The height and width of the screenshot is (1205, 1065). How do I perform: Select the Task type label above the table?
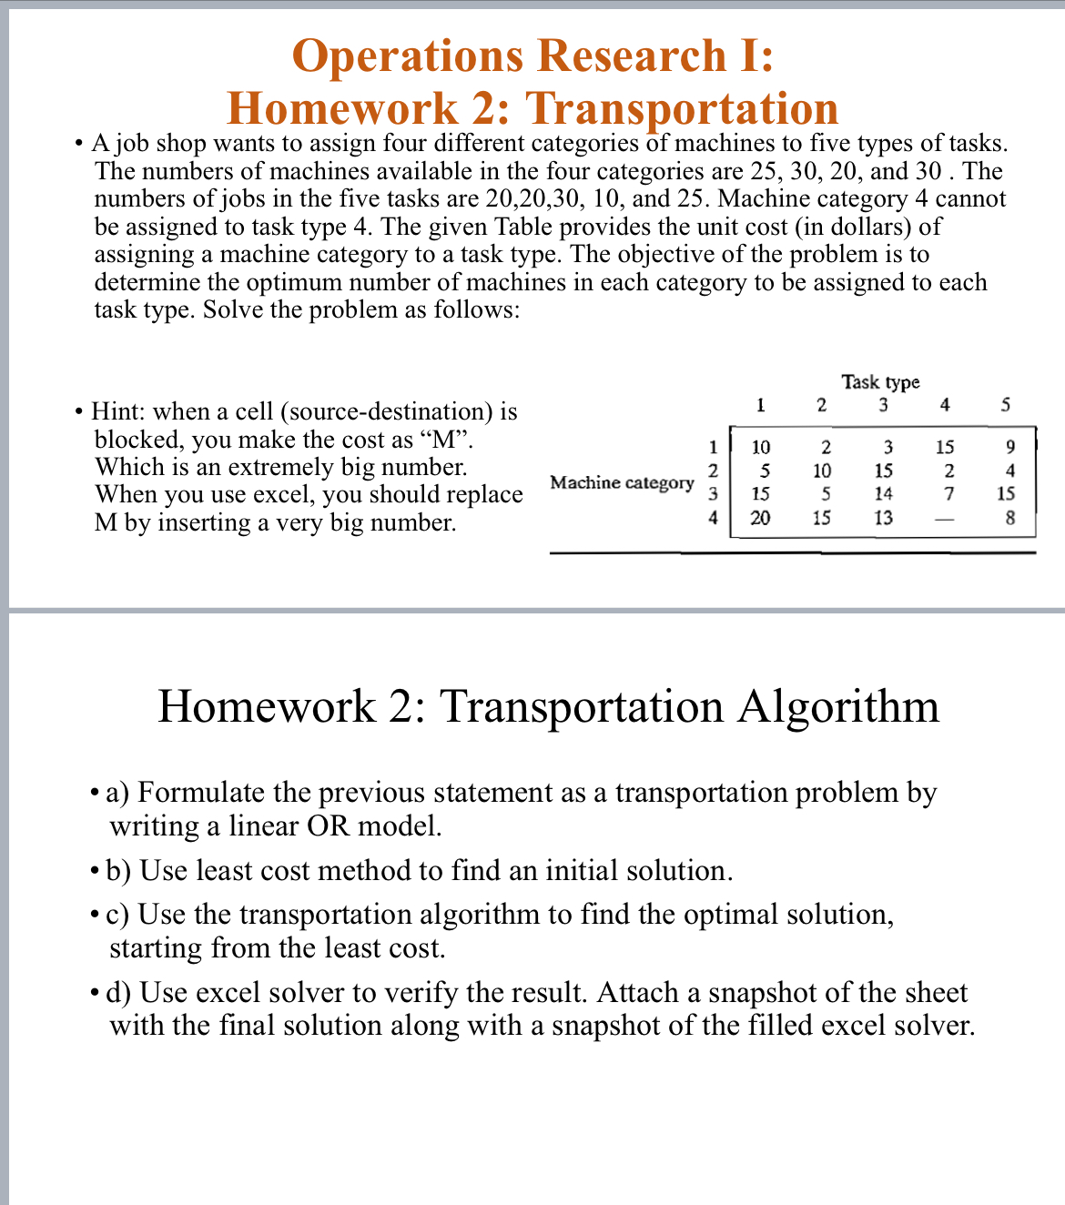tap(880, 381)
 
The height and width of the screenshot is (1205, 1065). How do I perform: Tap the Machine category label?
tap(622, 482)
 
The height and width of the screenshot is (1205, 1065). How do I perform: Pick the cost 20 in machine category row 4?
tap(760, 518)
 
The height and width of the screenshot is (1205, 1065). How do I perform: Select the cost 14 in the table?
tap(883, 494)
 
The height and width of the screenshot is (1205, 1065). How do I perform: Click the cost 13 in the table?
tap(883, 518)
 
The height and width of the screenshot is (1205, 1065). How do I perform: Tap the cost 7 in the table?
tap(948, 494)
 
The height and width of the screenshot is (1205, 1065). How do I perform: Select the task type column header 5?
tap(1006, 405)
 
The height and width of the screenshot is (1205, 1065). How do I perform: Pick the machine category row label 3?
tap(714, 494)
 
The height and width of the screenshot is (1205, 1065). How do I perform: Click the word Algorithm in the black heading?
tap(837, 706)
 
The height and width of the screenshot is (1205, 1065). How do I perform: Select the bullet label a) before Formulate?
tap(119, 793)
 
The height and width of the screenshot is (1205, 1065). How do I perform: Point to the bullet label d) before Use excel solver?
tap(120, 992)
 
